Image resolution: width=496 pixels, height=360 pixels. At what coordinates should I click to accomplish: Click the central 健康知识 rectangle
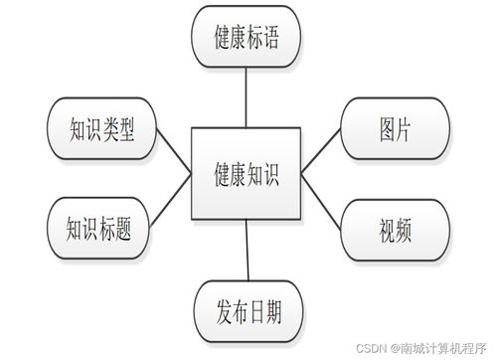point(247,174)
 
